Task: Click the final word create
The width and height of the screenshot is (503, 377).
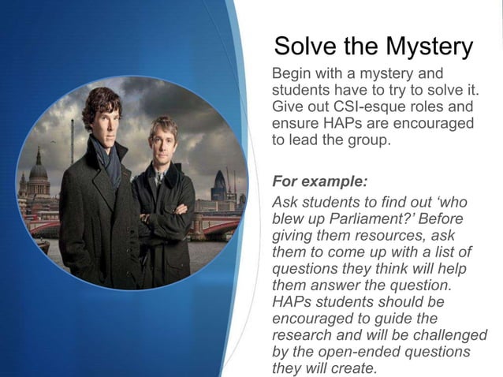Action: tap(357, 368)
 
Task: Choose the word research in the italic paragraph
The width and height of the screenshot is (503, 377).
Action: tap(304, 335)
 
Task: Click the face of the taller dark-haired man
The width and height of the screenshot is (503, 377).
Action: tap(102, 114)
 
